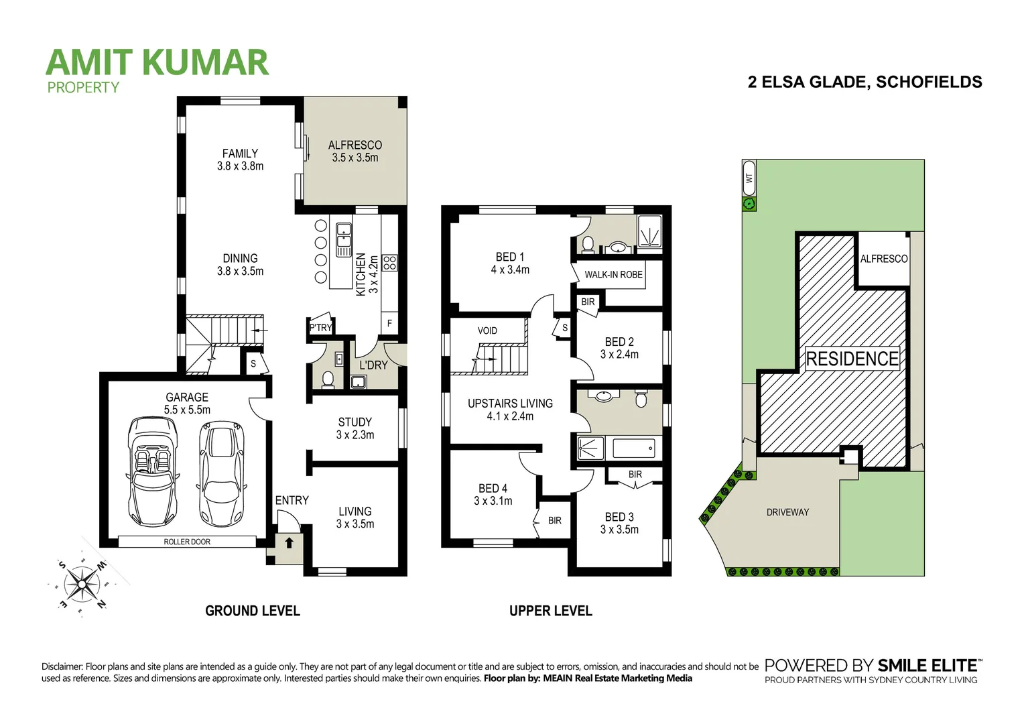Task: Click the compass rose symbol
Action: point(82,583)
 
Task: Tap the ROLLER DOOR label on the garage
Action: point(187,542)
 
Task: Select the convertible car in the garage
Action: point(153,471)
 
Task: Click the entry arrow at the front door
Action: point(289,542)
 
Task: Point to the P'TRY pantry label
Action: point(320,328)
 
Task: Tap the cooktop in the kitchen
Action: point(389,263)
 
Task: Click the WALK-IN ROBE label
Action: point(613,274)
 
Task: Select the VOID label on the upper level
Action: point(487,330)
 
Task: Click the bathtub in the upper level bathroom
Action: point(633,448)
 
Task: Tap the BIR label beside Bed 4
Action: point(555,520)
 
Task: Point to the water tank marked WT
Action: point(749,178)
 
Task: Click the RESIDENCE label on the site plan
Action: point(852,359)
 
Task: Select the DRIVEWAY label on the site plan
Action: point(787,512)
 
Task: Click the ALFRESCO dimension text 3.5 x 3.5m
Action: point(355,158)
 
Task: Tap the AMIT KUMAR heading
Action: point(157,62)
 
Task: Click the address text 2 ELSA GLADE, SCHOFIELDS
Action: point(865,82)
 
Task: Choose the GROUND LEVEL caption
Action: point(252,611)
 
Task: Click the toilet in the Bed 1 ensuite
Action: point(588,244)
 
